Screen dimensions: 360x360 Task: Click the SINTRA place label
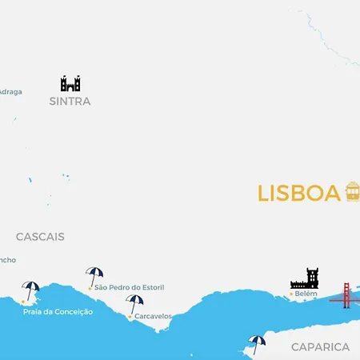pyautogui.click(x=70, y=102)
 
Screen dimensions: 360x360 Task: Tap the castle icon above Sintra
pyautogui.click(x=70, y=83)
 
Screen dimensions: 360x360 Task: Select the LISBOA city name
pyautogui.click(x=298, y=194)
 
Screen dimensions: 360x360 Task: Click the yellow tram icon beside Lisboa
pyautogui.click(x=352, y=192)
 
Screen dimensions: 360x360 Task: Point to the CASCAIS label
pyautogui.click(x=40, y=237)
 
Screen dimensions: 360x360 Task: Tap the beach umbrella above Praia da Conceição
pyautogui.click(x=31, y=290)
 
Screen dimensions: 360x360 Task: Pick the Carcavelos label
pyautogui.click(x=153, y=316)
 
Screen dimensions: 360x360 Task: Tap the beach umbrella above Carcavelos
pyautogui.click(x=134, y=303)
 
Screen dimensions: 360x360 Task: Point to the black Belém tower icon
pyautogui.click(x=305, y=278)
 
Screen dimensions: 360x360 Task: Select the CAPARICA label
pyautogui.click(x=320, y=346)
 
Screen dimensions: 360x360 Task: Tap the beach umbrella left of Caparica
pyautogui.click(x=256, y=343)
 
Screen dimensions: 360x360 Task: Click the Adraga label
pyautogui.click(x=10, y=91)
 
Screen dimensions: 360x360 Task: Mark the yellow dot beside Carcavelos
pyautogui.click(x=130, y=317)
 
